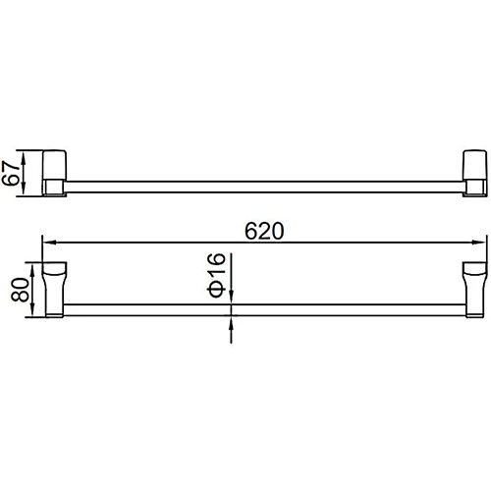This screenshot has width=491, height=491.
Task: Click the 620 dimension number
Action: pyautogui.click(x=264, y=232)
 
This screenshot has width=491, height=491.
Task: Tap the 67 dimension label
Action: pyautogui.click(x=10, y=174)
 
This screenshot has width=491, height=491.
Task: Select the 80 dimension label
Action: pyautogui.click(x=20, y=290)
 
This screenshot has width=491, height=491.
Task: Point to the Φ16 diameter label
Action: pyautogui.click(x=216, y=275)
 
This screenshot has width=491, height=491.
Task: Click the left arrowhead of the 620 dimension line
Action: pyautogui.click(x=49, y=243)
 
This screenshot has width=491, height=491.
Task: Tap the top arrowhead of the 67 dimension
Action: pyautogui.click(x=23, y=157)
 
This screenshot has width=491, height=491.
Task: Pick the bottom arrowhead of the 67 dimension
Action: pyautogui.click(x=23, y=190)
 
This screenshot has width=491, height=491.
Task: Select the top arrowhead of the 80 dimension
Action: pyautogui.click(x=32, y=269)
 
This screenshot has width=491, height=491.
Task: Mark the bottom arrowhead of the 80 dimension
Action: pyautogui.click(x=32, y=310)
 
